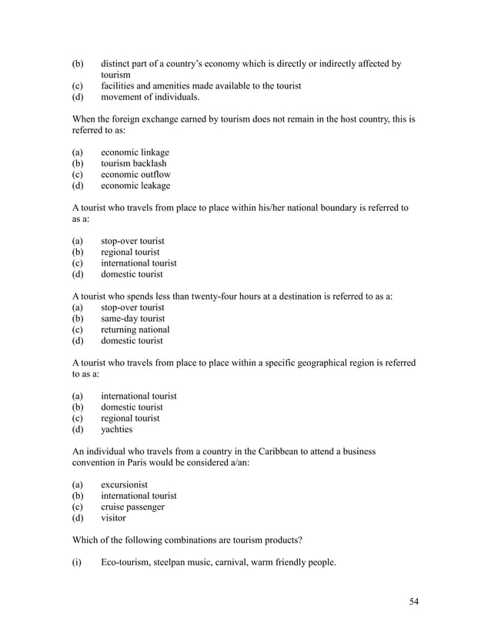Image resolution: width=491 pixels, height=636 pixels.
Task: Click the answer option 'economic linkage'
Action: click(135, 152)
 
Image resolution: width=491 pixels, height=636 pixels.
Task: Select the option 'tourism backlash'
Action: click(133, 163)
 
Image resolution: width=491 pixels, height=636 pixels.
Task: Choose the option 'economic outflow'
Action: click(135, 175)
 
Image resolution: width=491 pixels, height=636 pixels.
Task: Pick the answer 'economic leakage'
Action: click(135, 186)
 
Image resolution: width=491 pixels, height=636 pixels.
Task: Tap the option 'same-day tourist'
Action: click(132, 319)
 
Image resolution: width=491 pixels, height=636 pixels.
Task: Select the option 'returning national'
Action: click(135, 330)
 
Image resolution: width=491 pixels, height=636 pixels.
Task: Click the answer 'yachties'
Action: click(116, 430)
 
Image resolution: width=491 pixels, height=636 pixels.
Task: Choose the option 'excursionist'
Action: click(124, 485)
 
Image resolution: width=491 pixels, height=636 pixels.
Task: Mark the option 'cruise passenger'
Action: click(132, 507)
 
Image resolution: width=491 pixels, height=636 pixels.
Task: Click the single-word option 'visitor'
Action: click(113, 518)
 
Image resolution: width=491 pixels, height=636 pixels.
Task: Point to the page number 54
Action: click(415, 601)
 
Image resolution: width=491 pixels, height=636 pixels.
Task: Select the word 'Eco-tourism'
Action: click(126, 562)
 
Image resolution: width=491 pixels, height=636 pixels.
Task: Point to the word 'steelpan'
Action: click(175, 562)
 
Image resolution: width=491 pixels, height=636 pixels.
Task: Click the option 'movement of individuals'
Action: click(150, 97)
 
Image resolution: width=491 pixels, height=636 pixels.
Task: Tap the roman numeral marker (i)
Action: click(76, 562)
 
